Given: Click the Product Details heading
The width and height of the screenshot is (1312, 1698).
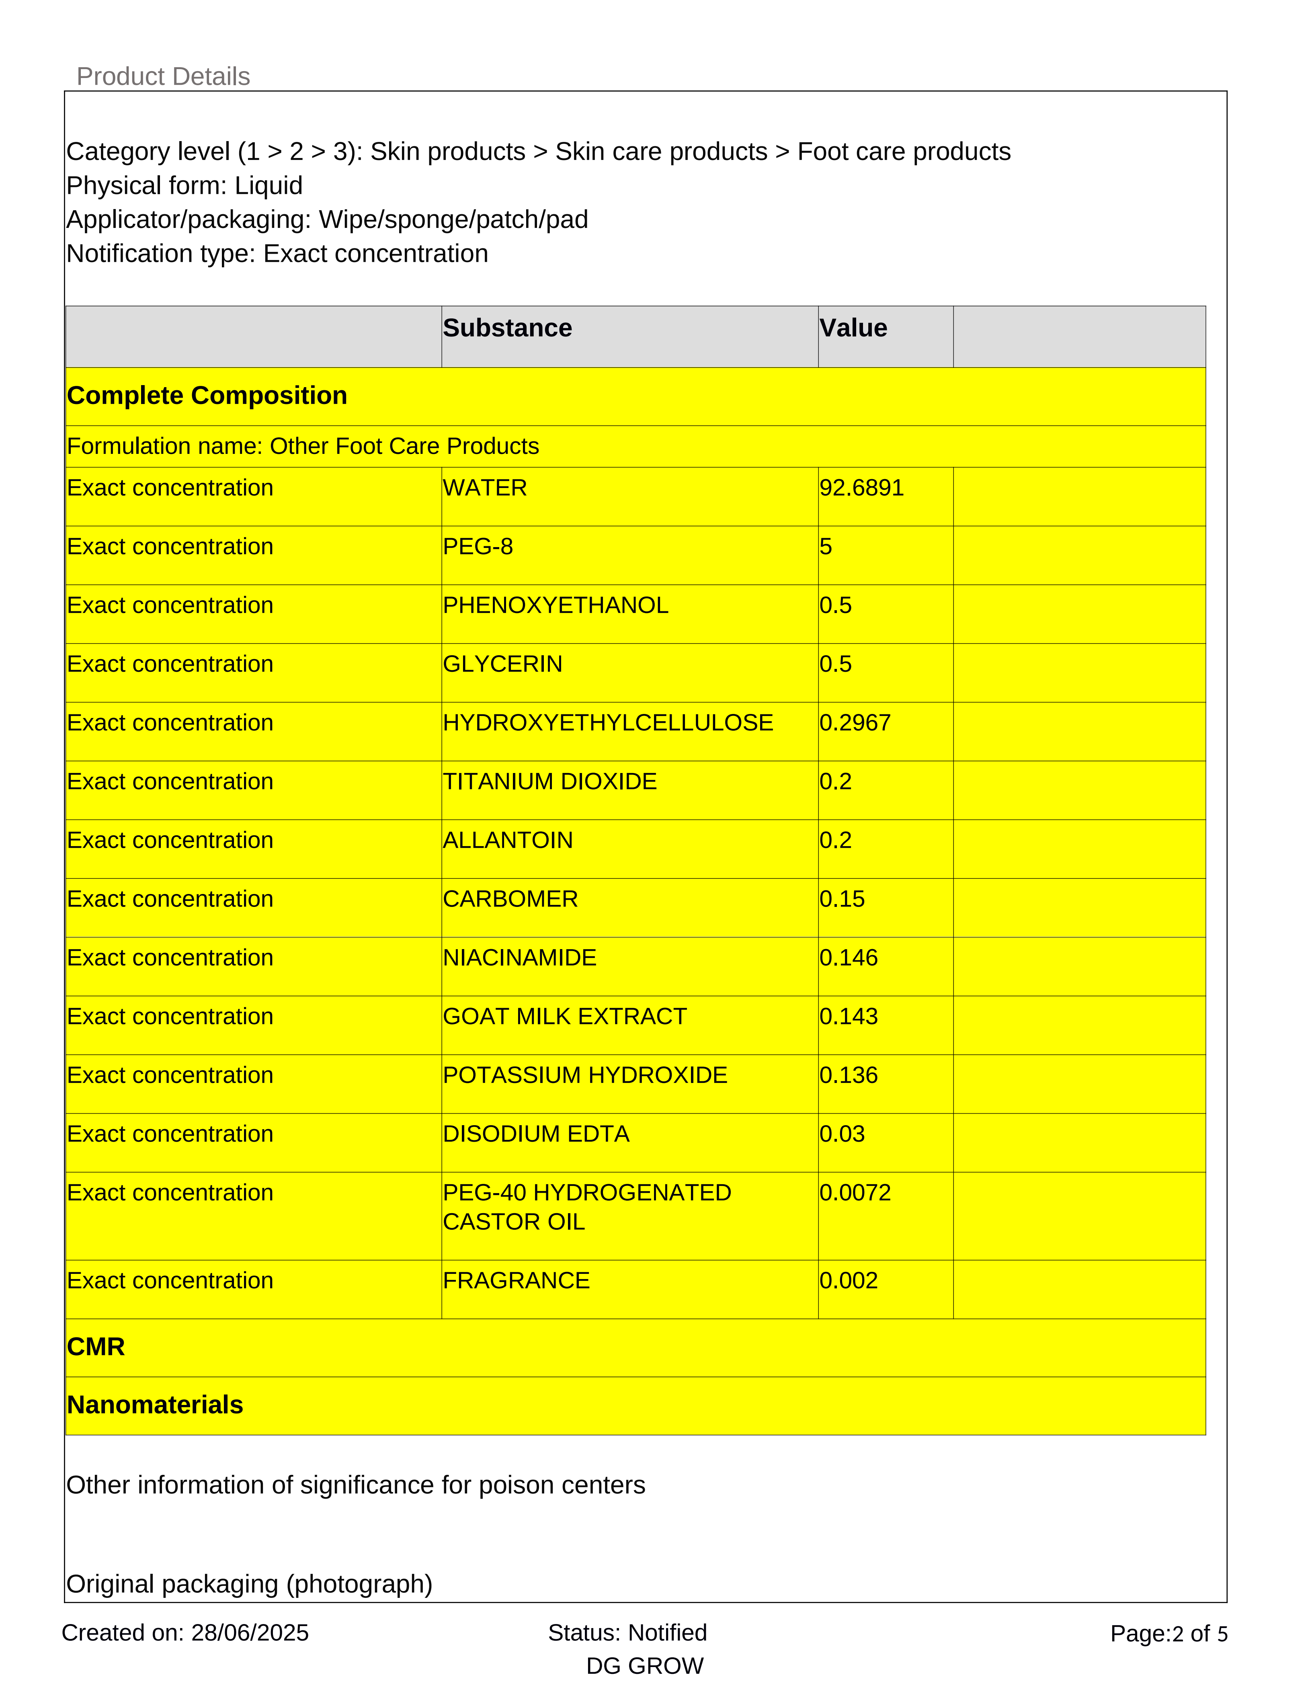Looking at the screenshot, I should click(x=163, y=76).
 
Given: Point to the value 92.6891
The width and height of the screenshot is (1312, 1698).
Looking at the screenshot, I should click(x=861, y=488).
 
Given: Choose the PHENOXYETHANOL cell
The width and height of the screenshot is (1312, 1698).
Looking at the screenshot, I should click(x=555, y=606).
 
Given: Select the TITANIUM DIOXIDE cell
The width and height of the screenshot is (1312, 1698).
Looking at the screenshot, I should click(x=549, y=781).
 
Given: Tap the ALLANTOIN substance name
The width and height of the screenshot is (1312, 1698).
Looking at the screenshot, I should click(x=508, y=841).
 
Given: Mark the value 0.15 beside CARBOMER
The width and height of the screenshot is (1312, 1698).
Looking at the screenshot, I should click(x=842, y=900).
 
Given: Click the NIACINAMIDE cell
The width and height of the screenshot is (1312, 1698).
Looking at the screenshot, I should click(x=519, y=958).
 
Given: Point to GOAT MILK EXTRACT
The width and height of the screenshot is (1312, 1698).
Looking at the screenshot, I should click(x=564, y=1017).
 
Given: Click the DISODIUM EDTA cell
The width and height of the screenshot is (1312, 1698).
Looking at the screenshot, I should click(x=535, y=1134).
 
